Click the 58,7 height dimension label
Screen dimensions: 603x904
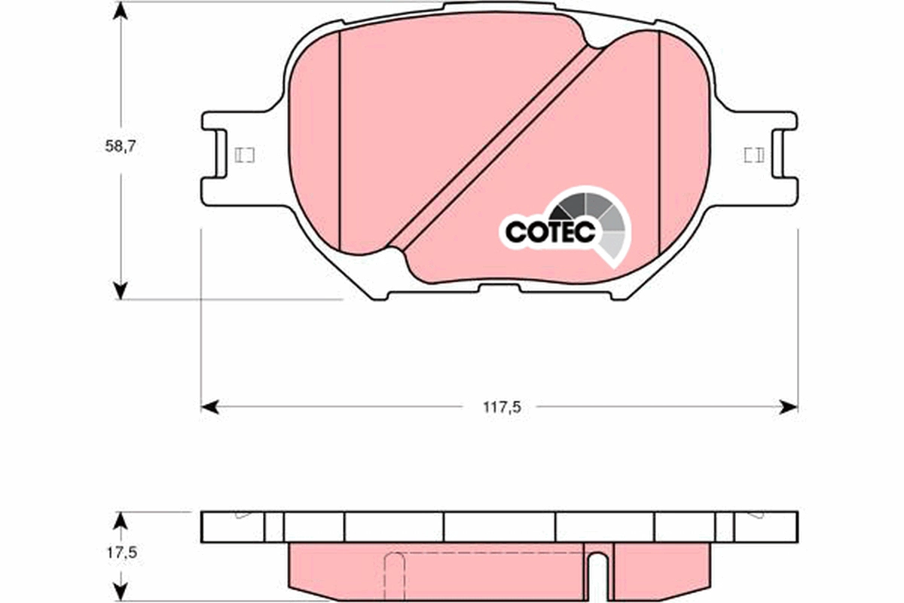click(120, 147)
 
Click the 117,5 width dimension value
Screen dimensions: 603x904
click(502, 407)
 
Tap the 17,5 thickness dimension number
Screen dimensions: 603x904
click(121, 552)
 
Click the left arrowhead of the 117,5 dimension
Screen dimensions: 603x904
click(210, 407)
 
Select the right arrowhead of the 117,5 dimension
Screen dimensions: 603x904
click(788, 407)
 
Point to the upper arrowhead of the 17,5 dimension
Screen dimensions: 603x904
click(120, 520)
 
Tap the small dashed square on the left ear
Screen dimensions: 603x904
click(245, 155)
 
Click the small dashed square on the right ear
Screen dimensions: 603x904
click(753, 155)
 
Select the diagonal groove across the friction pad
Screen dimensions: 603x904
click(497, 143)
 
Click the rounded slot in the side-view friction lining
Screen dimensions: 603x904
click(597, 569)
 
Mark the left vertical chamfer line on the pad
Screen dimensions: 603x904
click(340, 143)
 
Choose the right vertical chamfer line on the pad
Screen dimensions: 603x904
click(659, 143)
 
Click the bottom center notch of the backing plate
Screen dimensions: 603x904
click(499, 287)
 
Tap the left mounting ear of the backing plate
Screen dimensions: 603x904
click(226, 158)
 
